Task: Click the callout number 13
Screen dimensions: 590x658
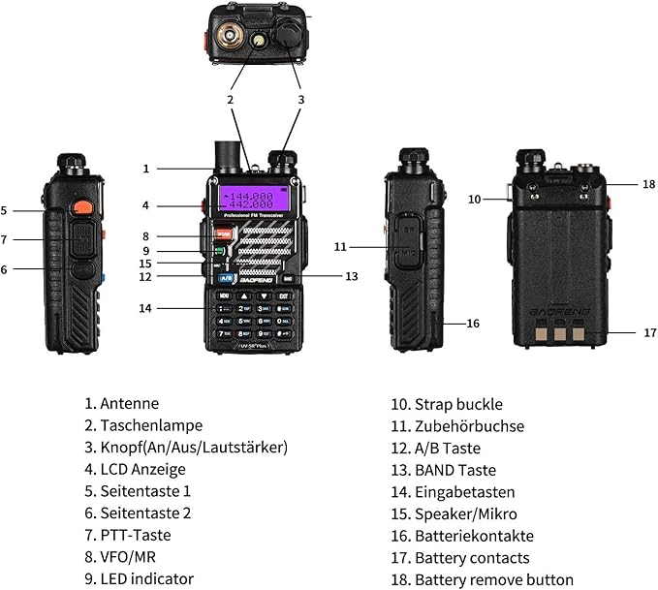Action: coord(351,276)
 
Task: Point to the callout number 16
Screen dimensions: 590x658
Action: coord(473,323)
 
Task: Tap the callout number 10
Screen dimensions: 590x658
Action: coord(474,200)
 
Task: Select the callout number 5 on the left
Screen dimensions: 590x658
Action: coord(4,210)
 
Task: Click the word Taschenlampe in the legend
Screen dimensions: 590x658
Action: coord(151,425)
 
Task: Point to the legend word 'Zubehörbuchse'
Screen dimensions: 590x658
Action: coord(469,426)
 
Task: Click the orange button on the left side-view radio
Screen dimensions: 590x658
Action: coord(82,205)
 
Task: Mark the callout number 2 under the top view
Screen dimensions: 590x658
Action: coord(231,99)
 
